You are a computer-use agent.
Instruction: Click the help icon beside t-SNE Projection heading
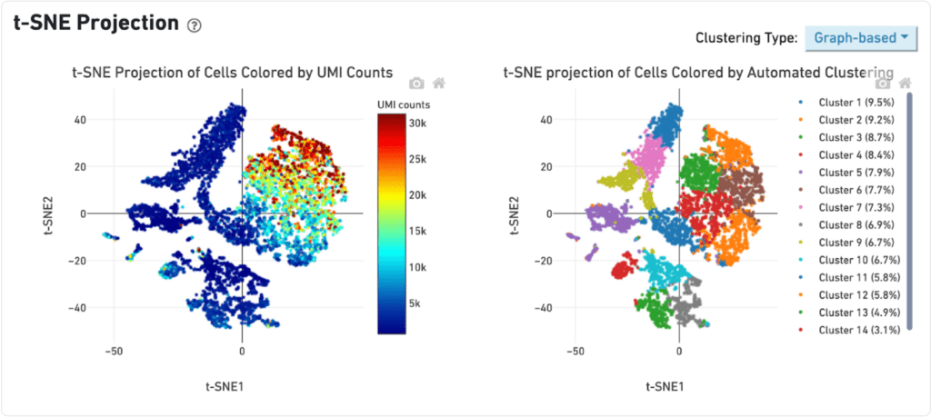[x=194, y=25]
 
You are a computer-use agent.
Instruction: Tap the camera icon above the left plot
[x=416, y=84]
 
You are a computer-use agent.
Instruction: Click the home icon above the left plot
[x=438, y=84]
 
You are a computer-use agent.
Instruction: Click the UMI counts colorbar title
[x=404, y=104]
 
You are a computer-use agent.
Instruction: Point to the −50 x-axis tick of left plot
[x=115, y=350]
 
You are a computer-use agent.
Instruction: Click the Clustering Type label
[x=746, y=38]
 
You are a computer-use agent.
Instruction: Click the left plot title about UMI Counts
[x=232, y=72]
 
